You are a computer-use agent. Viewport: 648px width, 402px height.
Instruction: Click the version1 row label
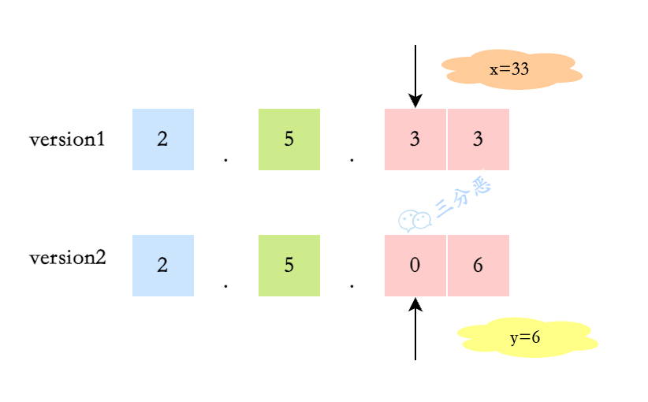(67, 140)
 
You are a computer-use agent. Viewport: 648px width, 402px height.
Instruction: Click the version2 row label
(67, 258)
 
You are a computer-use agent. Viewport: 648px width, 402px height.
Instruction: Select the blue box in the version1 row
(162, 140)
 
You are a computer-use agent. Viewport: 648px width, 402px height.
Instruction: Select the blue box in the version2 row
(162, 266)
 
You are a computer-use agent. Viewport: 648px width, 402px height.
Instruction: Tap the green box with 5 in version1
(289, 140)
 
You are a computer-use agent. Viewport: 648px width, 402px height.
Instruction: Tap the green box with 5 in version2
(289, 266)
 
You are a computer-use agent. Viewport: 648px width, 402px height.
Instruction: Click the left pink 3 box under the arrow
(415, 140)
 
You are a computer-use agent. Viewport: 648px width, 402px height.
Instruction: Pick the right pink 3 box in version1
(479, 140)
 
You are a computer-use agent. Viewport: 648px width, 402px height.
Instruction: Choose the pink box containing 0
(415, 266)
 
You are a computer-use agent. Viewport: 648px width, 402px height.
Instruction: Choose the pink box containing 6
(479, 266)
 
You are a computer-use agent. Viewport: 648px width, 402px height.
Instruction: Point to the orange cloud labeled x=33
(511, 69)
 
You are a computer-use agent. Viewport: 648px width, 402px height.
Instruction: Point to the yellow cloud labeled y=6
(527, 337)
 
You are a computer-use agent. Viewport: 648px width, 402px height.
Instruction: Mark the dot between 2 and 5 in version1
(225, 159)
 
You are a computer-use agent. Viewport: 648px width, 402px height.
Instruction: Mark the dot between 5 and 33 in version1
(352, 159)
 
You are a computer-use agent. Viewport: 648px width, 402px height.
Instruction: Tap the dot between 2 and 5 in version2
(225, 285)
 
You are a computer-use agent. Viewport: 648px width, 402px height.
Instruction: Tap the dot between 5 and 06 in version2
(352, 285)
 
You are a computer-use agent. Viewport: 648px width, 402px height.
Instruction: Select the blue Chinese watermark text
(464, 199)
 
